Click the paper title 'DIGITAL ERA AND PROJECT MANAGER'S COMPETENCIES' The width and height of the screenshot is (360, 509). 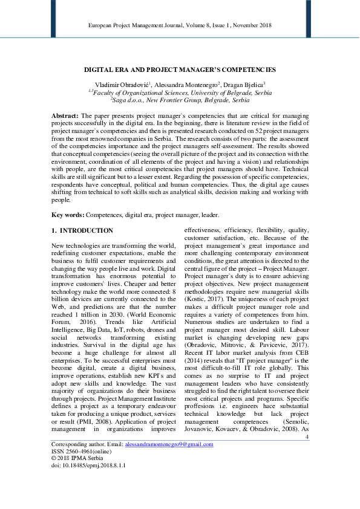click(x=180, y=70)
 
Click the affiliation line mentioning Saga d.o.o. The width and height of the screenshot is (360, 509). click(x=180, y=100)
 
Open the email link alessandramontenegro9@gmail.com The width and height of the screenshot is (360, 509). click(x=169, y=444)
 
